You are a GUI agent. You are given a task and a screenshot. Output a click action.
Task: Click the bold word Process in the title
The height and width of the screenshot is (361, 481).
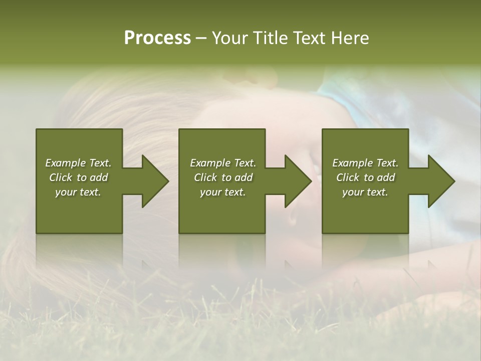pos(157,38)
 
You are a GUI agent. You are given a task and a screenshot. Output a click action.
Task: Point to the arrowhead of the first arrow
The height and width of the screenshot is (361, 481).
pos(155,181)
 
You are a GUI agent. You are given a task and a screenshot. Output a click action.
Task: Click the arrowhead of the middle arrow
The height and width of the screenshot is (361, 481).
pos(298,181)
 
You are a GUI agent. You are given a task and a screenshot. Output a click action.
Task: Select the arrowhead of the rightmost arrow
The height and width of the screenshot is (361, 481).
pos(441,181)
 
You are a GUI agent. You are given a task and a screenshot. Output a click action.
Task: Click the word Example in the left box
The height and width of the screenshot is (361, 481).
pos(65,163)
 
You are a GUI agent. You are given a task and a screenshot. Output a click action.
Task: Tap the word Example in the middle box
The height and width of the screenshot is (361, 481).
pos(210,163)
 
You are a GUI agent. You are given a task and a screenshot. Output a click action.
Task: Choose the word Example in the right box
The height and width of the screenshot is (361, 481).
pos(352,163)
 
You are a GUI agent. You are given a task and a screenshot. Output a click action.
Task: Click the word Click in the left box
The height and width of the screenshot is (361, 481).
pos(61,177)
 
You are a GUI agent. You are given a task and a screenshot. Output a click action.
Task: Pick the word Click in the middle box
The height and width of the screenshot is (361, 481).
pos(205,177)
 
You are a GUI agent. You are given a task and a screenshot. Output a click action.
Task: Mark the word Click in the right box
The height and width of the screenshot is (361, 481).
pos(348,177)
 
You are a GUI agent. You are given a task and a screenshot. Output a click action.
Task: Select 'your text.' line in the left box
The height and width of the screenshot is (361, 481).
pos(78,192)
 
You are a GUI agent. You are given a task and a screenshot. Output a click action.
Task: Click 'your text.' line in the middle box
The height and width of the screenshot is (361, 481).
pos(223,192)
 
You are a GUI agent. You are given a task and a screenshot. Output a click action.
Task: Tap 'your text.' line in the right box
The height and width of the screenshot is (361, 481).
pos(365,192)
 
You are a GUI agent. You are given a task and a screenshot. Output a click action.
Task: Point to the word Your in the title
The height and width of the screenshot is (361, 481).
pos(229,38)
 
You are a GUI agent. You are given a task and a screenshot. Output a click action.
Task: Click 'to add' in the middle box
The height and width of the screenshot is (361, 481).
pos(237,177)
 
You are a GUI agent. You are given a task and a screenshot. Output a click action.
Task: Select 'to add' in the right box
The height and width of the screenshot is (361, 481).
pos(379,177)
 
